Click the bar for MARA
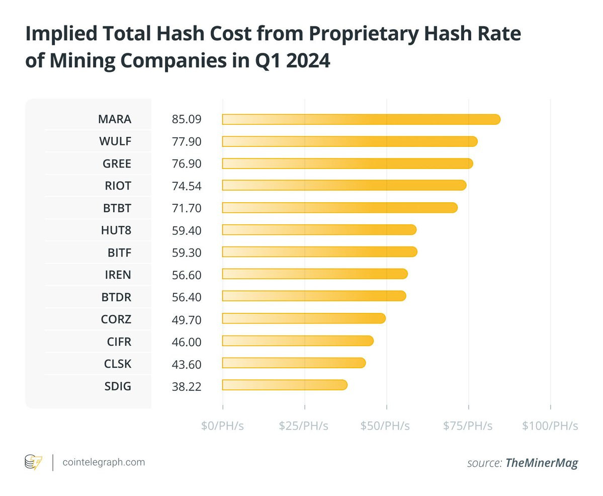coord(361,119)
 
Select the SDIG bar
coord(284,385)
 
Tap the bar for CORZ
coord(303,318)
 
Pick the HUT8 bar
coord(319,230)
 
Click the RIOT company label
coord(118,186)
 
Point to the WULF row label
coord(115,141)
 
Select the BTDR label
coord(116,297)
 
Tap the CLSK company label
coord(117,364)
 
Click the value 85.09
coord(186,119)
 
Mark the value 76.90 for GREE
coord(186,163)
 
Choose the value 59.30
coord(186,252)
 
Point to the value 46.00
coord(186,342)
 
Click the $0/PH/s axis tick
coord(222,426)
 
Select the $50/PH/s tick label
coord(385,426)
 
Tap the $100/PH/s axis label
coord(550,426)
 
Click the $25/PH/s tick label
coord(304,426)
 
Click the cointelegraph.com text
coord(104,462)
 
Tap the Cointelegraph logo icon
coord(34,462)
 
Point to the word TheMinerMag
coord(542,463)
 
